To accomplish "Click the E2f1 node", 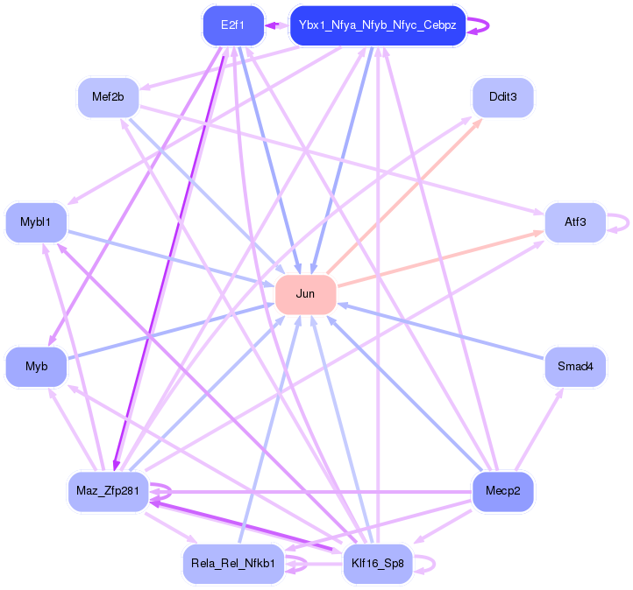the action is point(232,25).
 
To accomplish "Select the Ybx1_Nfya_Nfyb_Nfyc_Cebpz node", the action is point(377,25).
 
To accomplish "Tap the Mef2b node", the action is point(108,96).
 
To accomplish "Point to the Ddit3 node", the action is point(502,96).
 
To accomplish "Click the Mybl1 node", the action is point(36,222).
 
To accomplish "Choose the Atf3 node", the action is point(575,222).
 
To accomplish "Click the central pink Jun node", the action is point(305,294).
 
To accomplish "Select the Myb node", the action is point(36,366).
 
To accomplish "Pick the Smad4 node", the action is point(575,366).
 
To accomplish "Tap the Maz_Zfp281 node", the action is point(108,491).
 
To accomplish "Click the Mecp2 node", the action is point(502,491).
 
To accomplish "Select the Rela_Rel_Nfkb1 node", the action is point(232,563).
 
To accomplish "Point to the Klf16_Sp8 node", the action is point(377,563).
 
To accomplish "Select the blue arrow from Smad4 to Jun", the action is point(447,333).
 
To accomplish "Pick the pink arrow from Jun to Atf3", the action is point(438,258).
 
